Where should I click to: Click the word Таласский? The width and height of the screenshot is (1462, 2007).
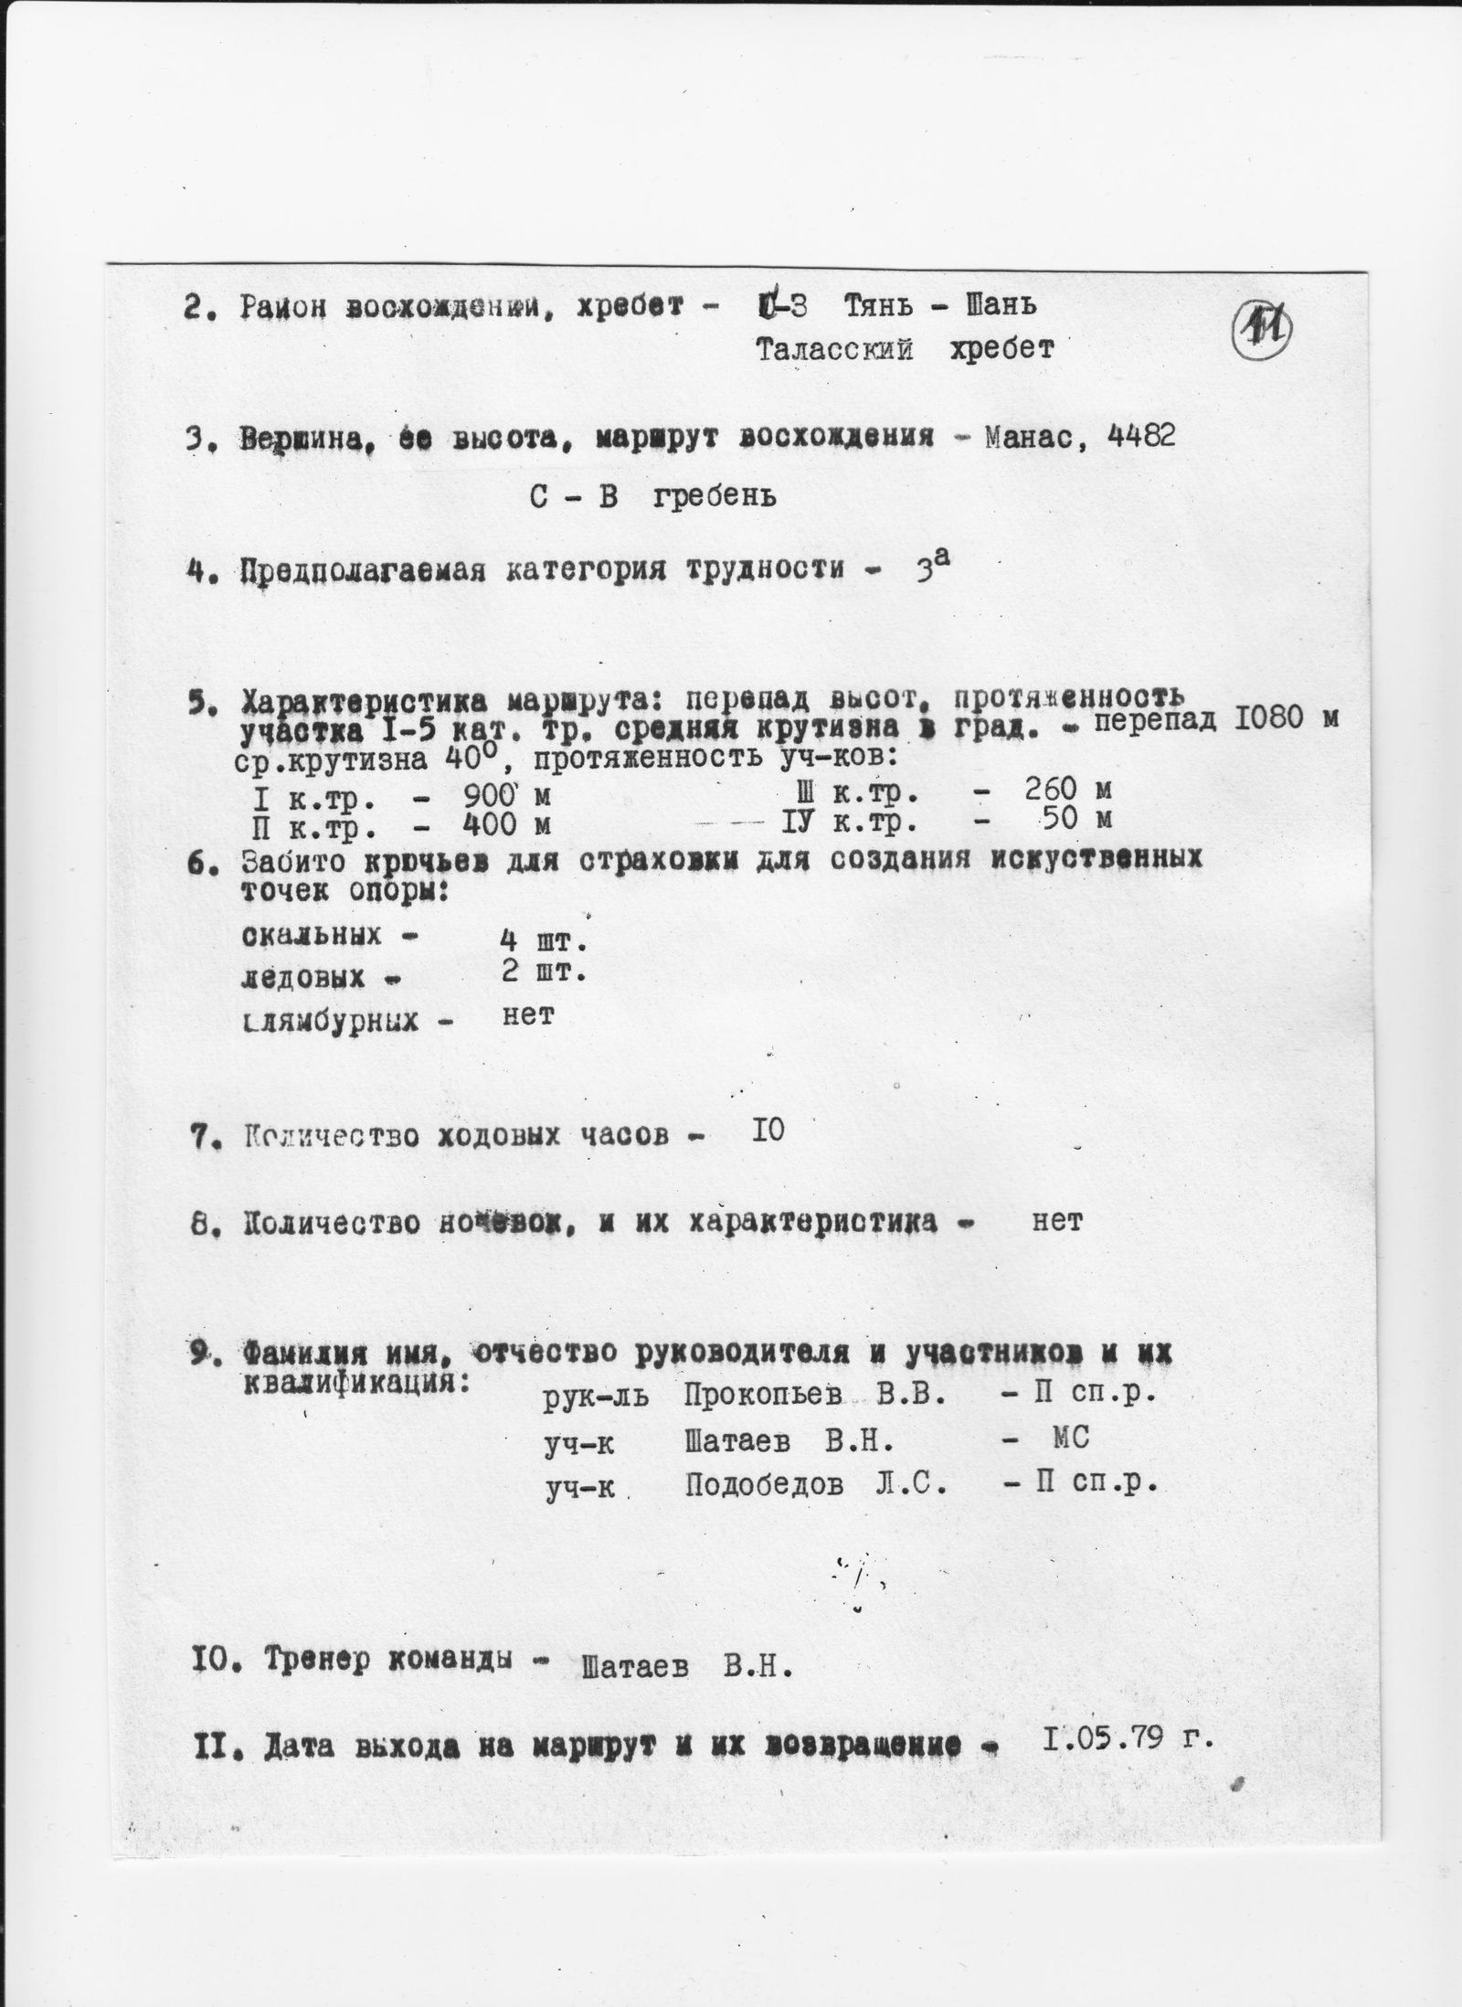[834, 349]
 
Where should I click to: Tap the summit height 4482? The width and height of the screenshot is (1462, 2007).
[1140, 436]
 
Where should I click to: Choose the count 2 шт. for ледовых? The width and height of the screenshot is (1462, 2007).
[542, 973]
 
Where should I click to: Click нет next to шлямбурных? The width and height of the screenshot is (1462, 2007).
[528, 1014]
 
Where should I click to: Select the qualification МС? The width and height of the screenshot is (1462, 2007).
[1070, 1439]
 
